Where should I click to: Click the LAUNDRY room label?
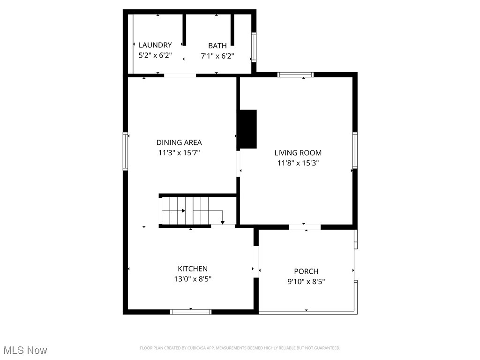click(155, 45)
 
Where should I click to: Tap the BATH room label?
click(217, 45)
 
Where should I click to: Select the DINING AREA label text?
click(179, 142)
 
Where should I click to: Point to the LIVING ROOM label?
click(298, 153)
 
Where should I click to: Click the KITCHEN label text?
click(192, 269)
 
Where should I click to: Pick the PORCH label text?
click(306, 271)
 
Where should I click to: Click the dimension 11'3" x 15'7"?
click(179, 153)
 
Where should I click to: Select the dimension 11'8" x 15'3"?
click(298, 163)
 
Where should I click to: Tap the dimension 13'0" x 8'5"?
click(192, 279)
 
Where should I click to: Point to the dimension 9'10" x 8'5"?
click(306, 282)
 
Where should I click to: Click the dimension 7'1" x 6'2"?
click(217, 56)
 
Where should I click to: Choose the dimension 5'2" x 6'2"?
click(155, 55)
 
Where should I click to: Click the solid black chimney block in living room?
click(248, 129)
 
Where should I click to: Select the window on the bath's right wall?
click(254, 47)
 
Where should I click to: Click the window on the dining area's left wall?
click(126, 151)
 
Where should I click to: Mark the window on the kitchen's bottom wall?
click(191, 312)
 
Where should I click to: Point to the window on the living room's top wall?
click(295, 75)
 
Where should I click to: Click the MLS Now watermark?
click(25, 350)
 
